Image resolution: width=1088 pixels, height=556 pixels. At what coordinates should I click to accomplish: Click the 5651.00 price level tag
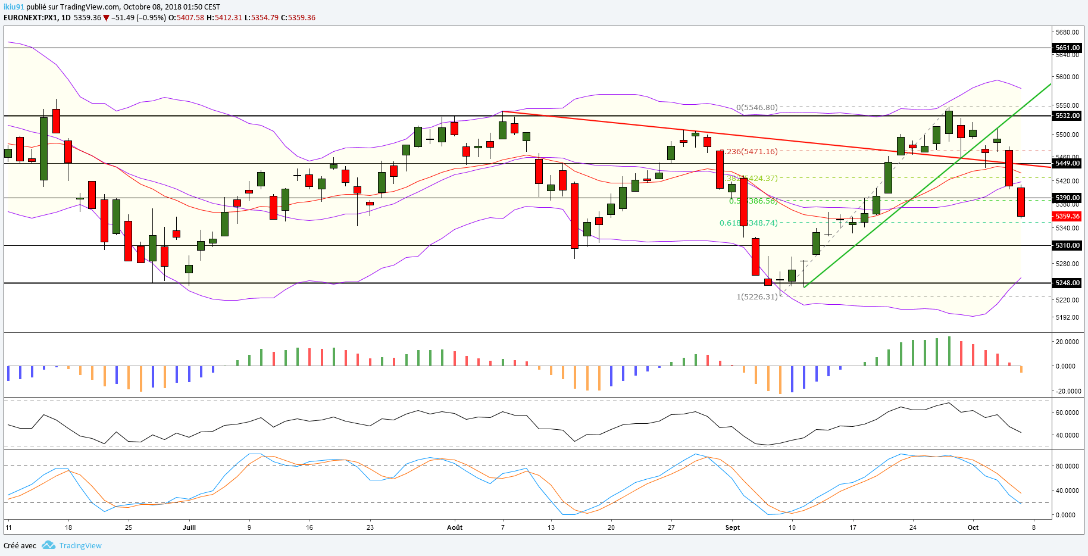(x=1067, y=48)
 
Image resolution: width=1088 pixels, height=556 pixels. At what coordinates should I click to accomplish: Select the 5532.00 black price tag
(x=1067, y=115)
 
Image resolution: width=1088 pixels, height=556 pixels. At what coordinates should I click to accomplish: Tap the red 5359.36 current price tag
(x=1067, y=217)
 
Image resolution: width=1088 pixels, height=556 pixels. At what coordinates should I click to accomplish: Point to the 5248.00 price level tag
(x=1067, y=283)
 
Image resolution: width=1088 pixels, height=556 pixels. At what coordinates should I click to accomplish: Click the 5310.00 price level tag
(x=1067, y=245)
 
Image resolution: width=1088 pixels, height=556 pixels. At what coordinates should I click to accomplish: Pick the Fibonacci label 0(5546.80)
(x=756, y=108)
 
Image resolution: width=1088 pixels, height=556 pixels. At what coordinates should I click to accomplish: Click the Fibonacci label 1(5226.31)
(x=757, y=296)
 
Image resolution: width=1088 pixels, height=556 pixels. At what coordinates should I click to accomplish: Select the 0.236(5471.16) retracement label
(x=749, y=151)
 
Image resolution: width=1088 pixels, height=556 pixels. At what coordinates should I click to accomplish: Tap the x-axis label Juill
(x=189, y=527)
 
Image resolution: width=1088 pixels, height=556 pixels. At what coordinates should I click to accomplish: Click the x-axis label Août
(x=455, y=527)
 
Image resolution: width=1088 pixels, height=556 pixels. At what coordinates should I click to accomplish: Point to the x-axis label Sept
(x=733, y=527)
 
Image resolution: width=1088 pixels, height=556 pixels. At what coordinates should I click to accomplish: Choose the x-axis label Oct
(x=973, y=527)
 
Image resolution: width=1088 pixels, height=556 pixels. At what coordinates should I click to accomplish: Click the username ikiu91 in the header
(x=14, y=7)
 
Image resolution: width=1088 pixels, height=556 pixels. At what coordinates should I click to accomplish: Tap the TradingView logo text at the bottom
(x=80, y=545)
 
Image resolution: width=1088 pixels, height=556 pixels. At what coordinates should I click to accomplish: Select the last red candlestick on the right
(x=1021, y=202)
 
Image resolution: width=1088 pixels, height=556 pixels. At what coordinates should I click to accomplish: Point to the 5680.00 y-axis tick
(x=1067, y=32)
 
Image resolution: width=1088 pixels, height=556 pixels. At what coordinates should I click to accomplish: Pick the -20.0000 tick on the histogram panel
(x=1067, y=391)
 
